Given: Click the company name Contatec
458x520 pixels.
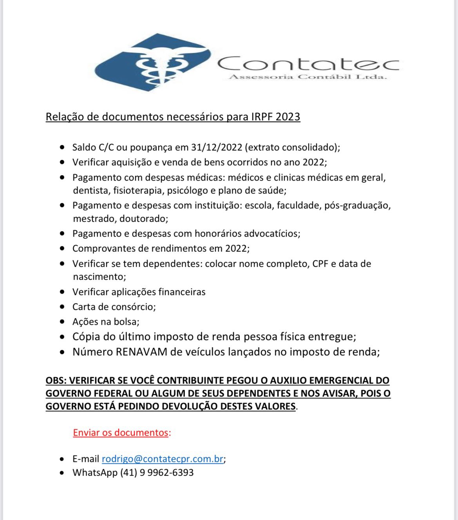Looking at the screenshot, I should coord(308,63).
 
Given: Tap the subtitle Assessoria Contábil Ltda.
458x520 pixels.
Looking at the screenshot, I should coord(308,77).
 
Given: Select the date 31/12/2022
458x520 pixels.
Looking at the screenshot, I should coord(216,147).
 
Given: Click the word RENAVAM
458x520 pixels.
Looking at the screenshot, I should coord(141,352).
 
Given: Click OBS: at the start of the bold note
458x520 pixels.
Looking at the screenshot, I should coord(56,380).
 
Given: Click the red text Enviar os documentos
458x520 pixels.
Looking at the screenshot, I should coord(121,433).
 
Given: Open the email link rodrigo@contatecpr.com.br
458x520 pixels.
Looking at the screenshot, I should coord(162,459).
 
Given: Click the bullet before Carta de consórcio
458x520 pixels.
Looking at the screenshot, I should coord(62,307).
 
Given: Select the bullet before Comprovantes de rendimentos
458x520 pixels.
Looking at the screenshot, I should coord(62,248).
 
